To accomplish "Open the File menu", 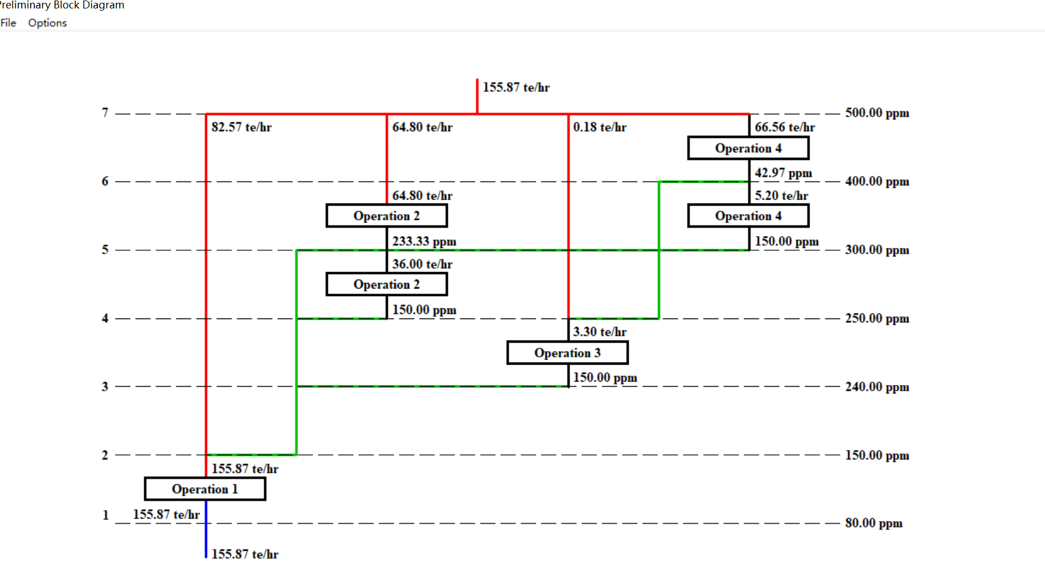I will click(x=8, y=23).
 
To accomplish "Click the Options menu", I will click(x=47, y=23).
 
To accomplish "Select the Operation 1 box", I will click(x=205, y=489).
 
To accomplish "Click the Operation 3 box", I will click(x=567, y=353).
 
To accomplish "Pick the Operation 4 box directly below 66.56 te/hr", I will click(x=748, y=148).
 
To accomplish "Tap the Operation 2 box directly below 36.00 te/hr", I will click(x=386, y=285).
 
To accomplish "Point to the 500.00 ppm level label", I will click(x=877, y=113).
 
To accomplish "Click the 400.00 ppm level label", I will click(x=877, y=181).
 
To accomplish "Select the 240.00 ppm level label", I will click(x=877, y=387).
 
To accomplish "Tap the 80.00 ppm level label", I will click(x=873, y=523).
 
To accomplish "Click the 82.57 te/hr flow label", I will click(x=241, y=127).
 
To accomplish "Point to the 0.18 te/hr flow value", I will click(x=599, y=127).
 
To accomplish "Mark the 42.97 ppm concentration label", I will click(x=783, y=173).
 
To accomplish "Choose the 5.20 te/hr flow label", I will click(x=781, y=196).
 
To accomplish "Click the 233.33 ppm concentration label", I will click(x=424, y=241).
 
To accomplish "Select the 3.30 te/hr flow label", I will click(x=599, y=332).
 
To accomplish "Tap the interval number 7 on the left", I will click(x=105, y=113).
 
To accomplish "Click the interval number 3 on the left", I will click(x=105, y=387).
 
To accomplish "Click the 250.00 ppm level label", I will click(x=877, y=318).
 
